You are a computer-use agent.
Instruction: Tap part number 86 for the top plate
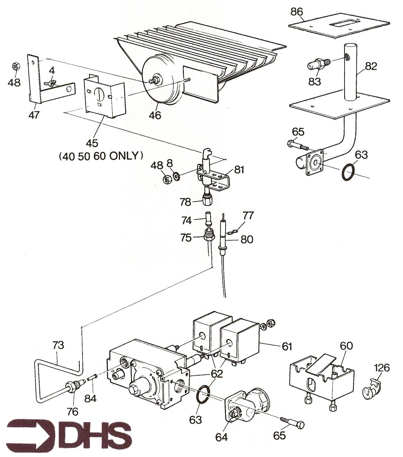(297, 12)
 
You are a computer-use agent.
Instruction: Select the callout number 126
(382, 368)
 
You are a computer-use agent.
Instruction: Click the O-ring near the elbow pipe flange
(348, 172)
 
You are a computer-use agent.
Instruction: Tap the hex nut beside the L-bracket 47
(16, 67)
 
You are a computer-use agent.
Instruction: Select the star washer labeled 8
(176, 175)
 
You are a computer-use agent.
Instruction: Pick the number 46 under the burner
(155, 115)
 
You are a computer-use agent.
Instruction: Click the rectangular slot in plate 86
(345, 23)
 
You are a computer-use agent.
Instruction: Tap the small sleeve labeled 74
(208, 219)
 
